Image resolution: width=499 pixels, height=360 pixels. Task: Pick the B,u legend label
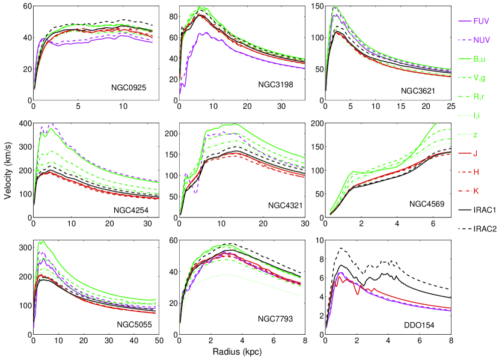(x=480, y=58)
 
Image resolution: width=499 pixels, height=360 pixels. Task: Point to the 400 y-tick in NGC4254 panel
(x=24, y=124)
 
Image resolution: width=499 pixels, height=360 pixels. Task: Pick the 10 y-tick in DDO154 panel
(x=319, y=240)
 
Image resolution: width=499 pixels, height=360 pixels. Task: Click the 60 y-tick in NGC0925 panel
(x=26, y=7)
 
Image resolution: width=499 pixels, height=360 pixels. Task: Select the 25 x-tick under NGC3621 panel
(x=450, y=106)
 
